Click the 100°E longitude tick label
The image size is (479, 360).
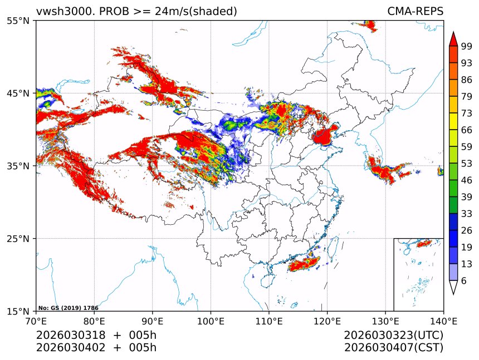coord(211,321)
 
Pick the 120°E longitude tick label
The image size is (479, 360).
coord(327,321)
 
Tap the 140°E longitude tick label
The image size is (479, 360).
coord(443,321)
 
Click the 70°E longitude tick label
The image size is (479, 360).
coord(36,321)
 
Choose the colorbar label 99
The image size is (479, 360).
coord(466,47)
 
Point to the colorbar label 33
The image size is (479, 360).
coord(466,214)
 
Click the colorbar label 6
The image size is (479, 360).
coord(464,280)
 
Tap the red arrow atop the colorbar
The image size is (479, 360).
coord(453,39)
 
